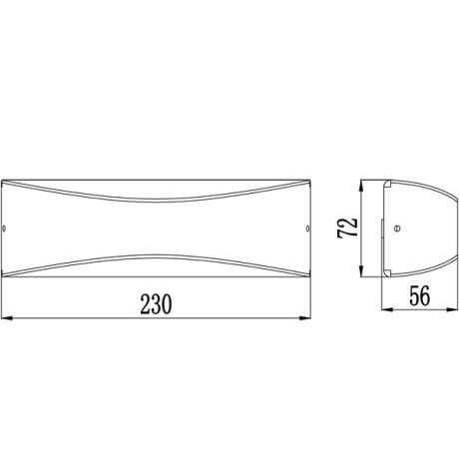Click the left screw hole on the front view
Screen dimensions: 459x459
pyautogui.click(x=10, y=229)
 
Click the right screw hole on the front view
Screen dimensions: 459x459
pyautogui.click(x=304, y=229)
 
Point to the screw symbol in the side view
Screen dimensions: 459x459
pyautogui.click(x=399, y=229)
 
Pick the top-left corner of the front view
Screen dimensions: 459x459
pyautogui.click(x=6, y=184)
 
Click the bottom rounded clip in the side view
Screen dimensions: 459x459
pyautogui.click(x=386, y=271)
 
